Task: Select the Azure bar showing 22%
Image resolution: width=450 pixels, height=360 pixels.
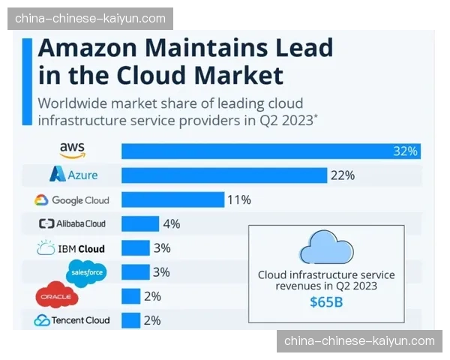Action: pos(224,175)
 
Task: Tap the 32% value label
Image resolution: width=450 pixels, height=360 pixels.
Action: pos(404,151)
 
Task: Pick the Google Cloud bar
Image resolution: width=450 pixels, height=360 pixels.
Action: pos(172,199)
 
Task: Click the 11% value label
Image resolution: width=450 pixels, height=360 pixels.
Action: pos(240,200)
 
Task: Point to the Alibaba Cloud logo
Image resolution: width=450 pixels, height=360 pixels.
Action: pos(72,223)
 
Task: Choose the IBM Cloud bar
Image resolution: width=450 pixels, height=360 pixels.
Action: pos(136,248)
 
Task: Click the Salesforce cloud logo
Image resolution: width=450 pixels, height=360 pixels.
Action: pos(86,271)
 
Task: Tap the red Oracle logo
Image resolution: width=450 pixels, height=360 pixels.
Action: pos(56,296)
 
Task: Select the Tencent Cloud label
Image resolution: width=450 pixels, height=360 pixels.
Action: pos(72,320)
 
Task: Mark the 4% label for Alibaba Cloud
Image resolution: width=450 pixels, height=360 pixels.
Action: pos(172,223)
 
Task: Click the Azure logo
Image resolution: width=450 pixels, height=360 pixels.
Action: pos(73,175)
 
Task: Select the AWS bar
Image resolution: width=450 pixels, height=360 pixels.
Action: pos(270,151)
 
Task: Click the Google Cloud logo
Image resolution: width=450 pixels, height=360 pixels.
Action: pos(71,200)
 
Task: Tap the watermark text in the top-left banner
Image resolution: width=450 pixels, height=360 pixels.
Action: pos(90,18)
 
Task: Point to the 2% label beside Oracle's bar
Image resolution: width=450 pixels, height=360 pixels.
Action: pos(152,296)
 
